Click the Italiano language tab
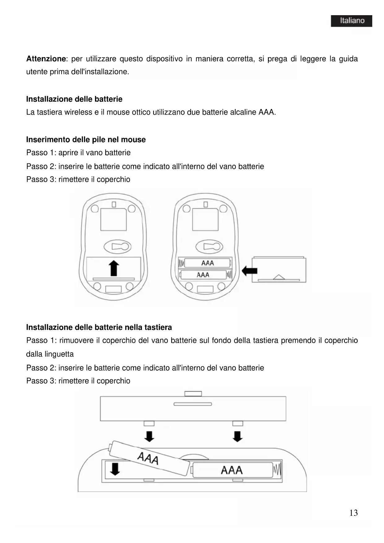click(x=351, y=21)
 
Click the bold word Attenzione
click(x=46, y=59)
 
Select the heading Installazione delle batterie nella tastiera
click(x=99, y=327)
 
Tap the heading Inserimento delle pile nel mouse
click(x=86, y=140)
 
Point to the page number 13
click(x=353, y=513)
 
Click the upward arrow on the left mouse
click(x=114, y=268)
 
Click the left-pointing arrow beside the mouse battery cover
click(x=249, y=271)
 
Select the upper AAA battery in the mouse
click(x=207, y=263)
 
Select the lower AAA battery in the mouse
click(x=203, y=275)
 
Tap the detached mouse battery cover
click(x=279, y=269)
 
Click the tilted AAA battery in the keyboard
click(x=149, y=458)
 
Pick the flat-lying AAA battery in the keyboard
click(x=232, y=470)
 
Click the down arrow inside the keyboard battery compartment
click(x=115, y=469)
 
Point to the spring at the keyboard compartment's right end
click(x=277, y=470)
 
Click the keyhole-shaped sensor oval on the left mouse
click(x=118, y=247)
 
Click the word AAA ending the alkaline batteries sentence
click(x=266, y=112)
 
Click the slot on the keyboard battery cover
click(x=193, y=404)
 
